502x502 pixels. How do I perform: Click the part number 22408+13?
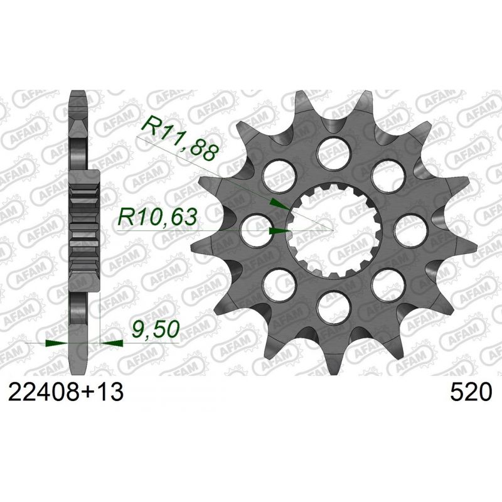click(x=66, y=392)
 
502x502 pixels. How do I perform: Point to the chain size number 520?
click(x=471, y=392)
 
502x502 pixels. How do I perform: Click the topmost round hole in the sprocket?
click(x=333, y=152)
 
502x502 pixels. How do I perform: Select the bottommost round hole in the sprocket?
click(x=333, y=307)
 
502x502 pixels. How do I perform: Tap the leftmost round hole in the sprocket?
click(x=256, y=230)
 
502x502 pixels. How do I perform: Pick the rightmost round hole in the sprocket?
click(x=411, y=230)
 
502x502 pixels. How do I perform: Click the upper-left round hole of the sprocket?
click(x=279, y=175)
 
